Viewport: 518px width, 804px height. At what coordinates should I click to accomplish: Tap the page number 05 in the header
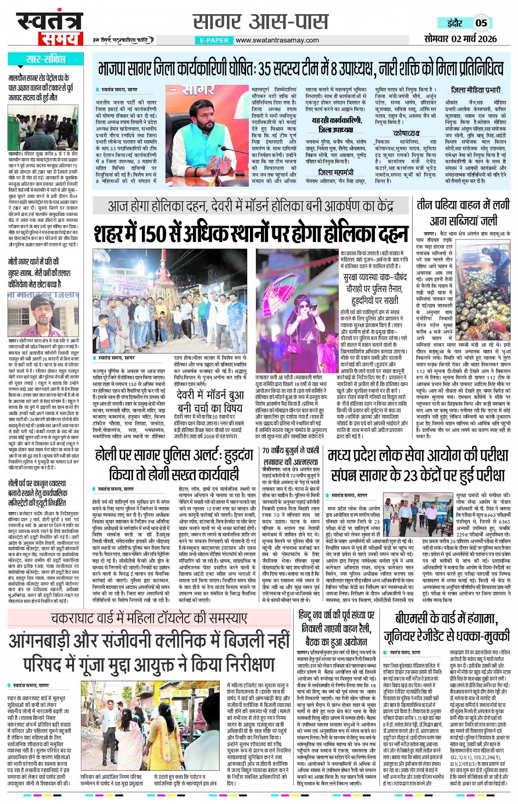click(481, 23)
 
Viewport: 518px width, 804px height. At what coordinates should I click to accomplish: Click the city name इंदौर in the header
click(454, 23)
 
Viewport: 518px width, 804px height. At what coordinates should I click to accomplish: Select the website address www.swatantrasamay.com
click(277, 40)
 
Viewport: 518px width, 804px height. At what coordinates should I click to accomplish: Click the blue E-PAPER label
click(214, 40)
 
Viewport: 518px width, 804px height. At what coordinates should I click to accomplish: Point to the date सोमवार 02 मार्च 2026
click(460, 39)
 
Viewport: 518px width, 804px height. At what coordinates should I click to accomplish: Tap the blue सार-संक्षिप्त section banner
click(46, 59)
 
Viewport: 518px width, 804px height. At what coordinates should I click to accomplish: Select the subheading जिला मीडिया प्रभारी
click(475, 90)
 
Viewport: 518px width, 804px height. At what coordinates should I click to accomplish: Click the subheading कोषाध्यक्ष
click(406, 133)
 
